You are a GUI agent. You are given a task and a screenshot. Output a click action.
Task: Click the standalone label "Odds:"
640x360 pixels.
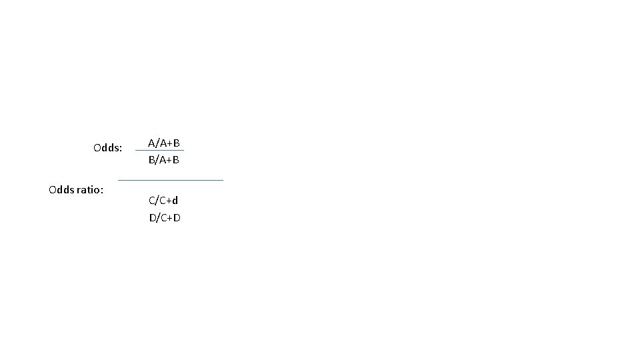coord(108,148)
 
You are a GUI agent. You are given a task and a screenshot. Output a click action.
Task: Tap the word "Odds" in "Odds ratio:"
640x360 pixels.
coord(61,190)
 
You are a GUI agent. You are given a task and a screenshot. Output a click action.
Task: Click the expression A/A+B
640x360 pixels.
coord(164,143)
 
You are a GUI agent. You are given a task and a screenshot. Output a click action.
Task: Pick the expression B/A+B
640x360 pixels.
coord(164,160)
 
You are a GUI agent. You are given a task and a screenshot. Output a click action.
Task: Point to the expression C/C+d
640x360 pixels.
coord(163,200)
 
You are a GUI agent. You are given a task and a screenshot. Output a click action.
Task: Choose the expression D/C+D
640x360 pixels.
coord(165,217)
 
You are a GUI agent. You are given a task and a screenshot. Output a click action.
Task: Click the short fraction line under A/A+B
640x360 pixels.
coord(160,151)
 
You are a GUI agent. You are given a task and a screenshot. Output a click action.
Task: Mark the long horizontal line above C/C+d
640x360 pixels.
coord(171,180)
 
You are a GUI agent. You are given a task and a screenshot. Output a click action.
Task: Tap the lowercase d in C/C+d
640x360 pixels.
coord(175,200)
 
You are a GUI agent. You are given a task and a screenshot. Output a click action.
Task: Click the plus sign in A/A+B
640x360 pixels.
coord(169,143)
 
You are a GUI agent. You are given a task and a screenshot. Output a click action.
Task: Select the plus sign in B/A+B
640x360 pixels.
coord(169,160)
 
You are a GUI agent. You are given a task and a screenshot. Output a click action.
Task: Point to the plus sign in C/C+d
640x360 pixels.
coord(168,200)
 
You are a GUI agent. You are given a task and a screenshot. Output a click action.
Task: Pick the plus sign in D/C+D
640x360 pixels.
coord(169,217)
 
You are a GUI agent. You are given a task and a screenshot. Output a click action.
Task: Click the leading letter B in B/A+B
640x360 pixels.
coord(151,160)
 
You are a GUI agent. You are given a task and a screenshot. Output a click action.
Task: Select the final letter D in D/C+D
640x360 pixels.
coord(177,217)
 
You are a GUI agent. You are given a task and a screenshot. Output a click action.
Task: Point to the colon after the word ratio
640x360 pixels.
coord(102,191)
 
